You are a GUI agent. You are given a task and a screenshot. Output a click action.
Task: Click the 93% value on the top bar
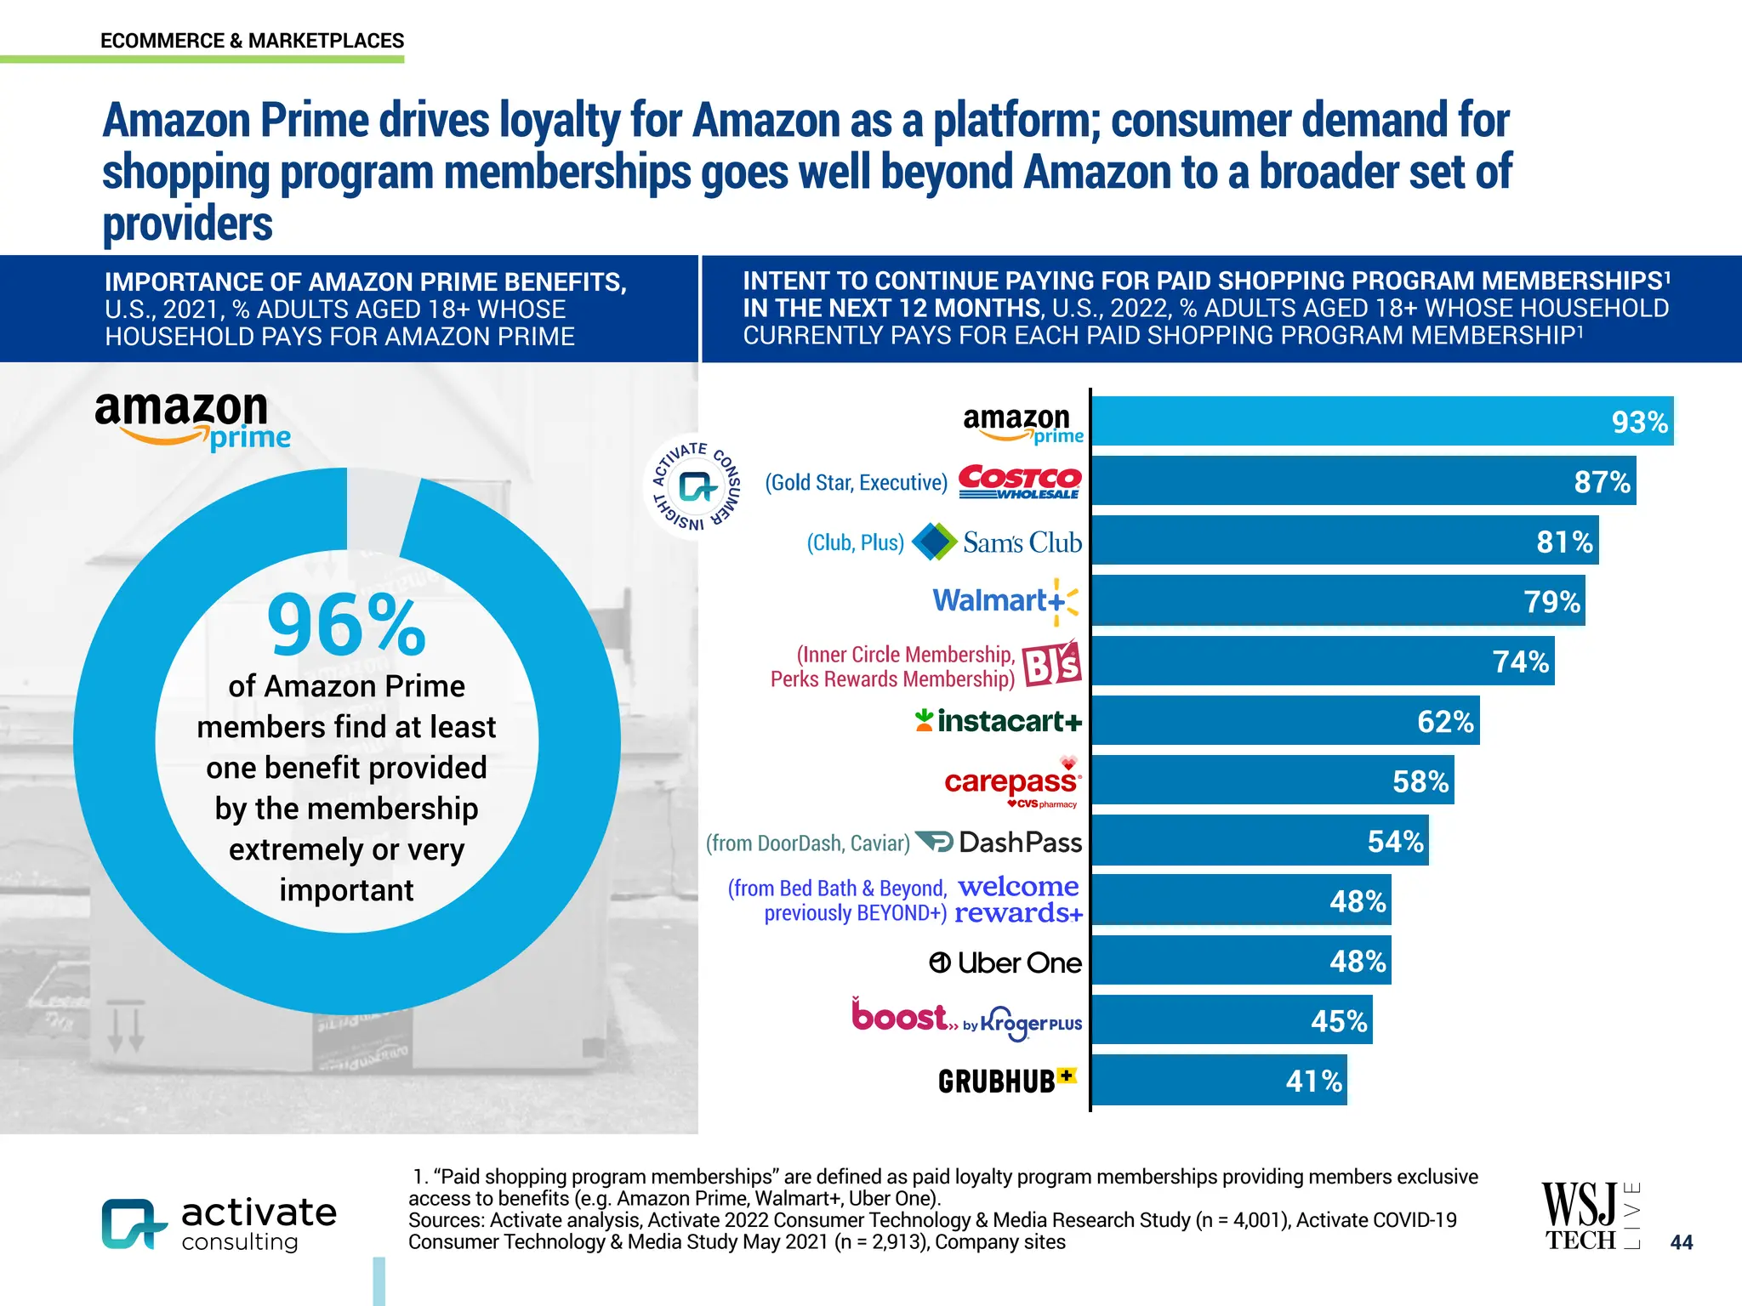pos(1639,422)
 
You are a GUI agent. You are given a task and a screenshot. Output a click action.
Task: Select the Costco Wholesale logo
pos(1019,482)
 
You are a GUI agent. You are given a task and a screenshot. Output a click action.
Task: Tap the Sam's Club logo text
pos(1022,542)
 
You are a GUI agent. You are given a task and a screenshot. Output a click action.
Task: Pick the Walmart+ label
pos(1005,601)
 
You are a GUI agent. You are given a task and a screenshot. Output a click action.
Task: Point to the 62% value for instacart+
pos(1444,722)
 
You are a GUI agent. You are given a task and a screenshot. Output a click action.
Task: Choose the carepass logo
pos(1011,781)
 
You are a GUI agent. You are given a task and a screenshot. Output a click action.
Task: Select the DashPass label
pos(1019,843)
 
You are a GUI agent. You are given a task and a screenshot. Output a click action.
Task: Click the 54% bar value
pos(1395,842)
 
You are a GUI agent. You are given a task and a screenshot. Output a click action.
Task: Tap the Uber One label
pos(1005,962)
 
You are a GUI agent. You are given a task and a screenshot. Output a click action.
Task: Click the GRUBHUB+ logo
pos(1006,1081)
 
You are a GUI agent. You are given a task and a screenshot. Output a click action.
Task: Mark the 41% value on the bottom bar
pos(1313,1082)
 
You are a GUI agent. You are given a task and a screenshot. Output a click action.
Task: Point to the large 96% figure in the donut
pos(346,626)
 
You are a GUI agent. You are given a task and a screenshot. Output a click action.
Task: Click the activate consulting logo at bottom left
pos(219,1224)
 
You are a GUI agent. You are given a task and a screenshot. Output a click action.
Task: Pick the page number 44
pos(1681,1242)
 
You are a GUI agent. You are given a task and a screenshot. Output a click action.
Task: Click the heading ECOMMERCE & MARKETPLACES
pos(252,41)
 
